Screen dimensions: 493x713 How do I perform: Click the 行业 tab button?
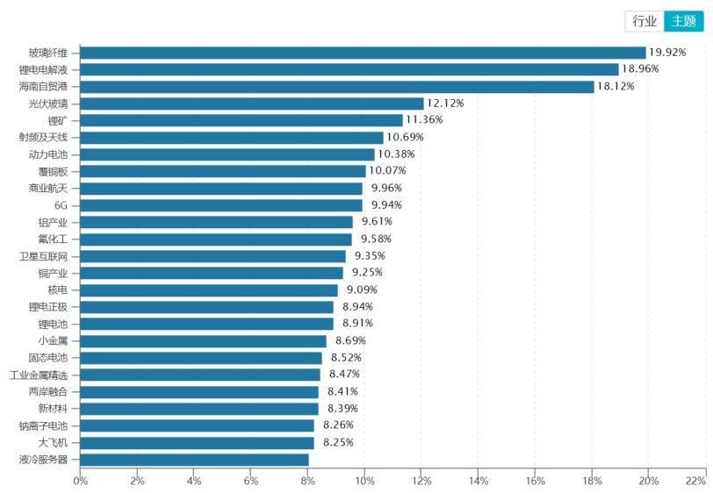point(645,21)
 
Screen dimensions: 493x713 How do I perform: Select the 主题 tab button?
point(684,21)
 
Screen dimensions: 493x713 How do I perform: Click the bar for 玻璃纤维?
point(363,53)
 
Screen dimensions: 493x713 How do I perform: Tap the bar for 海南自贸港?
point(337,86)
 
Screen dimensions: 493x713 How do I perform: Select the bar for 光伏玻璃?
point(252,104)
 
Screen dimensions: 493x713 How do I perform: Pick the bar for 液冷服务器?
point(194,460)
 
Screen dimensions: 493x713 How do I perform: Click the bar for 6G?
point(221,205)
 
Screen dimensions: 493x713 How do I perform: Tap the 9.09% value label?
point(364,289)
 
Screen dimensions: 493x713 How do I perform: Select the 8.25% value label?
point(338,442)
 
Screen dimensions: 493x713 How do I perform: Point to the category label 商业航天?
point(48,188)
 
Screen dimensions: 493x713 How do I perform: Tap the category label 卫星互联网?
point(44,256)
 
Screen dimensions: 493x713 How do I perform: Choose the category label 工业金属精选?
point(40,375)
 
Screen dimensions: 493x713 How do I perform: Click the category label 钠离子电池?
point(44,425)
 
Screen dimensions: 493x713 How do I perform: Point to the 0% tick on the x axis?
point(80,481)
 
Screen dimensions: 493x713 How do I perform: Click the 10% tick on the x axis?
point(364,481)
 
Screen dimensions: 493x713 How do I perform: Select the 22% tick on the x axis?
point(695,481)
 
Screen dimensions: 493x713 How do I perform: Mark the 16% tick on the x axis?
point(535,481)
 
